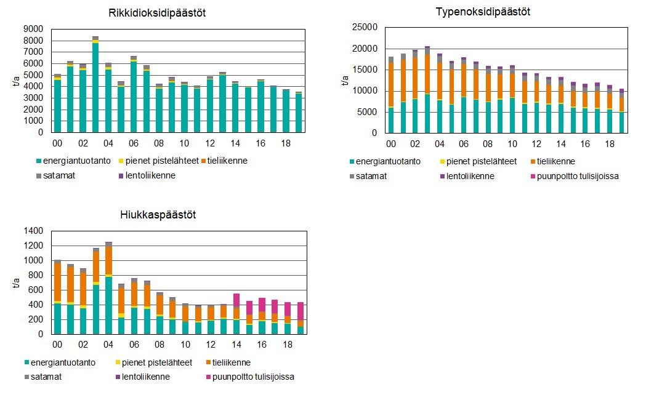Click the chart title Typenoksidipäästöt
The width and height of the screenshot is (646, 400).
[483, 12]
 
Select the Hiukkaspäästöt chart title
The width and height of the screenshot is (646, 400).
[158, 215]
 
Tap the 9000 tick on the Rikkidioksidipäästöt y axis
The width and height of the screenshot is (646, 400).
[34, 29]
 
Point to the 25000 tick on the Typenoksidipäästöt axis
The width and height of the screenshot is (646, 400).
[363, 28]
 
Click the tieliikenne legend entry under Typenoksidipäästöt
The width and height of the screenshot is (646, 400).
[554, 161]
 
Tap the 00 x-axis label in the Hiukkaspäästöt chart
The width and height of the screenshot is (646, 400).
[57, 345]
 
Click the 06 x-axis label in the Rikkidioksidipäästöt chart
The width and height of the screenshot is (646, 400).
[134, 143]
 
